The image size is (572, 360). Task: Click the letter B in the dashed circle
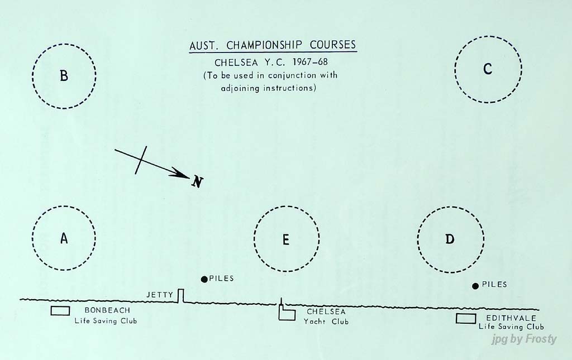pos(64,75)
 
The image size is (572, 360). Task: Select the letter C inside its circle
pos(488,69)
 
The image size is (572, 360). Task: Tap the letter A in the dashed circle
pos(64,238)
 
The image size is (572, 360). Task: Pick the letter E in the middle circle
pos(285,239)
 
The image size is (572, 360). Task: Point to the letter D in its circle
pos(450,239)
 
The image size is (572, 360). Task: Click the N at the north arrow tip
pos(197,181)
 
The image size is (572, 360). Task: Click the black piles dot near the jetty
pos(204,279)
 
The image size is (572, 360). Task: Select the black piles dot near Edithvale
pos(475,285)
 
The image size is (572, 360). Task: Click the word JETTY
pos(160,294)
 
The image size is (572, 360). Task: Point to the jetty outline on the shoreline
pos(180,296)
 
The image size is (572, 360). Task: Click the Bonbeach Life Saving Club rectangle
pos(60,311)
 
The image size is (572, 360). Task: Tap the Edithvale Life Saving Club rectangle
pos(465,318)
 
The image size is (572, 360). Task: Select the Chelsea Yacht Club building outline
pos(287,314)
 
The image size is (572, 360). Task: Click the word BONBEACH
pos(107,310)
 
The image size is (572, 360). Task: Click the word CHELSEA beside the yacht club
pos(326,312)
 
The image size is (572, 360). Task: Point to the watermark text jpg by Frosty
pos(524,339)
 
